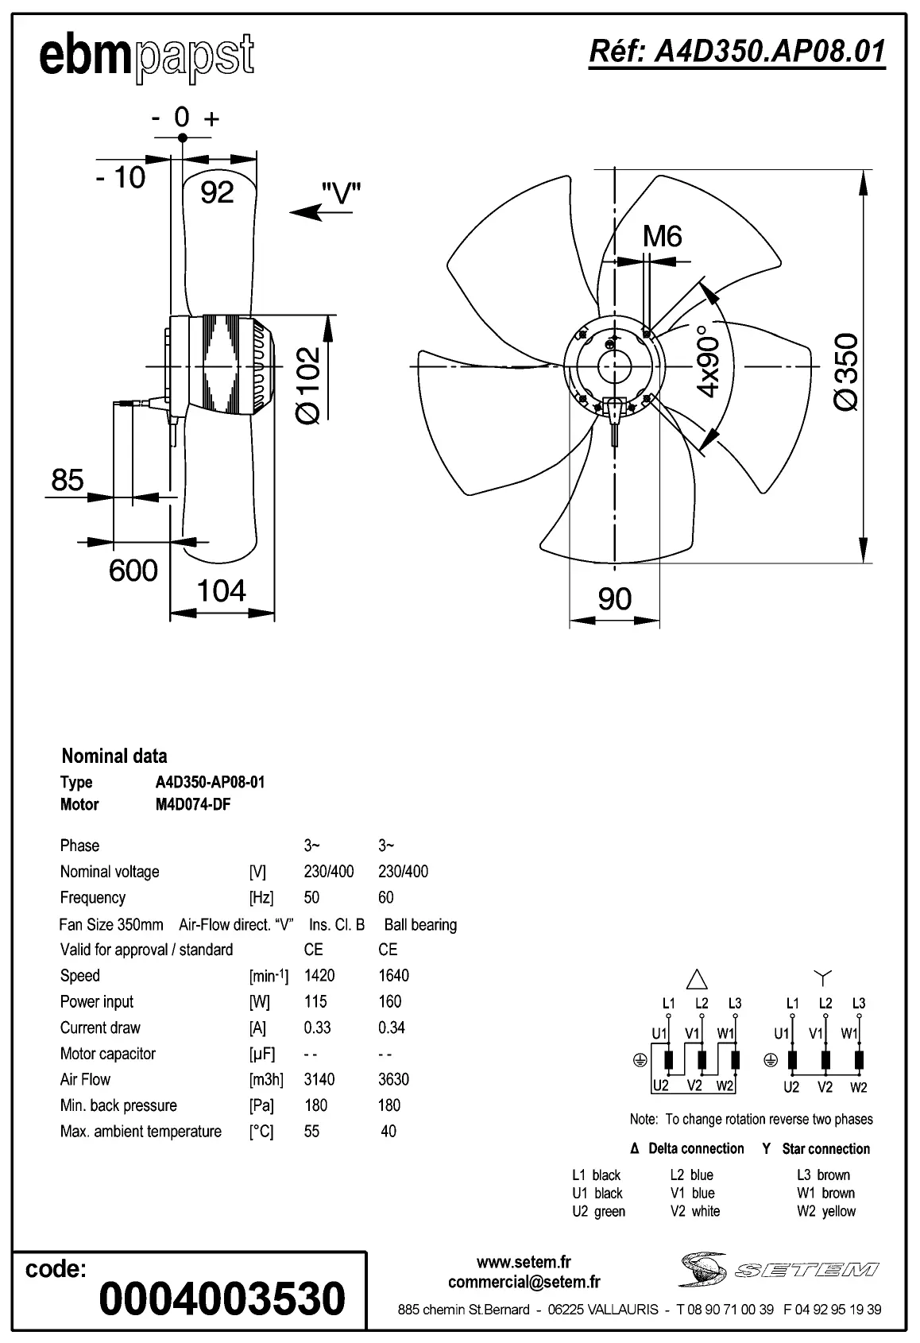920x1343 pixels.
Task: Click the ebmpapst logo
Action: (147, 57)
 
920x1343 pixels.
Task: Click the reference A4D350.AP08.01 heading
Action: (736, 52)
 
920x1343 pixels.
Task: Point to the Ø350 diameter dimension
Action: (847, 371)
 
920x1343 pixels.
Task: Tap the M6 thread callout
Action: (662, 236)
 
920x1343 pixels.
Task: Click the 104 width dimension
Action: (221, 591)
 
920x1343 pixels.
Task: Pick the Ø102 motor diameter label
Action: (307, 385)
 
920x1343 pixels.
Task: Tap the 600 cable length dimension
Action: (133, 571)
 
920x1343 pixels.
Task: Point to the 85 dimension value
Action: (68, 480)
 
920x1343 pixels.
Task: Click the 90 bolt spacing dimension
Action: (614, 598)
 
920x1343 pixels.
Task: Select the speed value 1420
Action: (319, 975)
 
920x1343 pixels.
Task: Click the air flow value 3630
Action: (393, 1079)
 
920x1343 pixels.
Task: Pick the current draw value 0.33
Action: (317, 1028)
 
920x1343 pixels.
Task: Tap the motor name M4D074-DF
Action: (193, 804)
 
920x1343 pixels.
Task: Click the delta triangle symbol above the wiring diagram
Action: (696, 978)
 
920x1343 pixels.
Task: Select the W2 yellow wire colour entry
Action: (826, 1211)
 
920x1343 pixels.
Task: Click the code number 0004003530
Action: (222, 1298)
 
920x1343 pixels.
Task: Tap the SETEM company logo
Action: (779, 1269)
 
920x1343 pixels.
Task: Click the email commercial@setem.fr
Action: (524, 1282)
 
